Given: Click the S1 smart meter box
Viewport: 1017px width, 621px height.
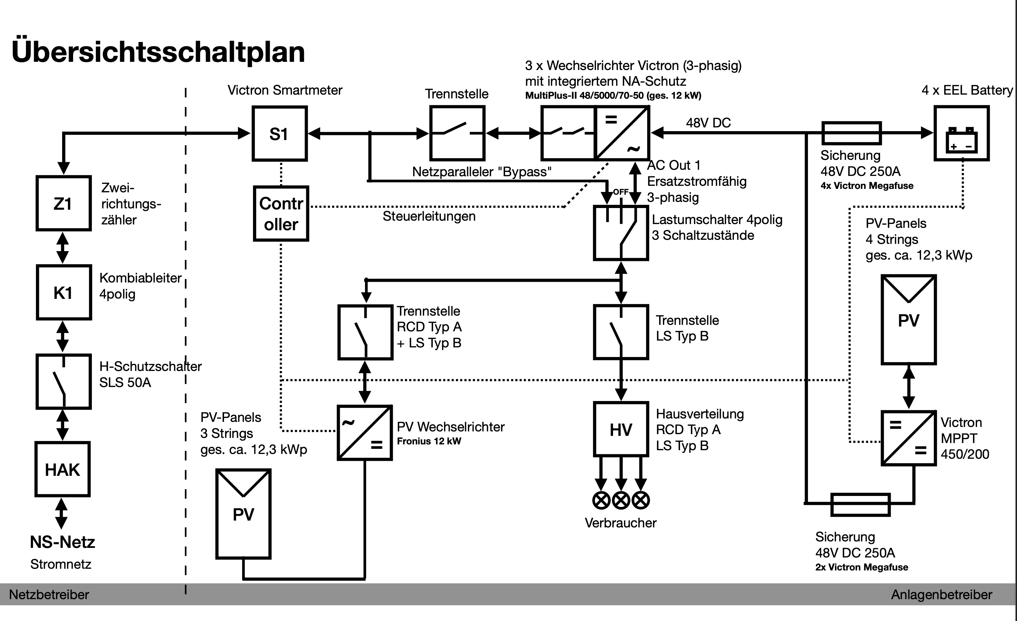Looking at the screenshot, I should pos(279,133).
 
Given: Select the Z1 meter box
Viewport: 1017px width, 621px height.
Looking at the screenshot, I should pos(63,203).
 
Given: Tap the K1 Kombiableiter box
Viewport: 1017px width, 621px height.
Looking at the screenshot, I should pos(63,292).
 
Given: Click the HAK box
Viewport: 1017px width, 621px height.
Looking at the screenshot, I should pos(62,469).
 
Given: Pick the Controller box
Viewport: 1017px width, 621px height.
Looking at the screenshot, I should pos(281,213).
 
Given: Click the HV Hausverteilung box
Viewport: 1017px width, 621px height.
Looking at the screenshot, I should pos(621,429).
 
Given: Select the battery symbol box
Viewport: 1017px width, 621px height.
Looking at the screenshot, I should pos(961,133).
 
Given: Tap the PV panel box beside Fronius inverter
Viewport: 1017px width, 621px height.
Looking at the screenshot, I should pos(243,514).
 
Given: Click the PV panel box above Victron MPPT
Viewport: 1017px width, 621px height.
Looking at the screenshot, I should pos(908,320).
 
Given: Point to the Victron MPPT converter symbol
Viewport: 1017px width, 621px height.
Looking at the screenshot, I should pos(908,438).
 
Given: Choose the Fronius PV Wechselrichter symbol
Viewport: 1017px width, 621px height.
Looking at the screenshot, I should pos(364,433).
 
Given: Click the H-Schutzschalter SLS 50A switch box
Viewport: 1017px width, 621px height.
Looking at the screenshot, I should pos(63,381).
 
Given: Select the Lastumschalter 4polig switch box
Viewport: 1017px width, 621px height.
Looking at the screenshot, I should pos(621,233).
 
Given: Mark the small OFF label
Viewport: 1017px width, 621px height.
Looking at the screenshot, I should pos(621,192).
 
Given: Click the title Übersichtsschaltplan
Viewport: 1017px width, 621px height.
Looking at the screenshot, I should pos(158,52).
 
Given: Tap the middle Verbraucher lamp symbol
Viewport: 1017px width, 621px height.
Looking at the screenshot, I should pos(621,500).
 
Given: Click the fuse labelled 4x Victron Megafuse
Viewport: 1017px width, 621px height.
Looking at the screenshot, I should pos(851,133).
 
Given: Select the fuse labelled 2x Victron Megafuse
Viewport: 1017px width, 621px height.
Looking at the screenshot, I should pos(860,505).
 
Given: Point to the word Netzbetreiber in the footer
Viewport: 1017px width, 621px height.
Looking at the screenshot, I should pos(49,595).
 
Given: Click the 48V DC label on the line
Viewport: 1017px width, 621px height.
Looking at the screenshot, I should pos(708,123).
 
